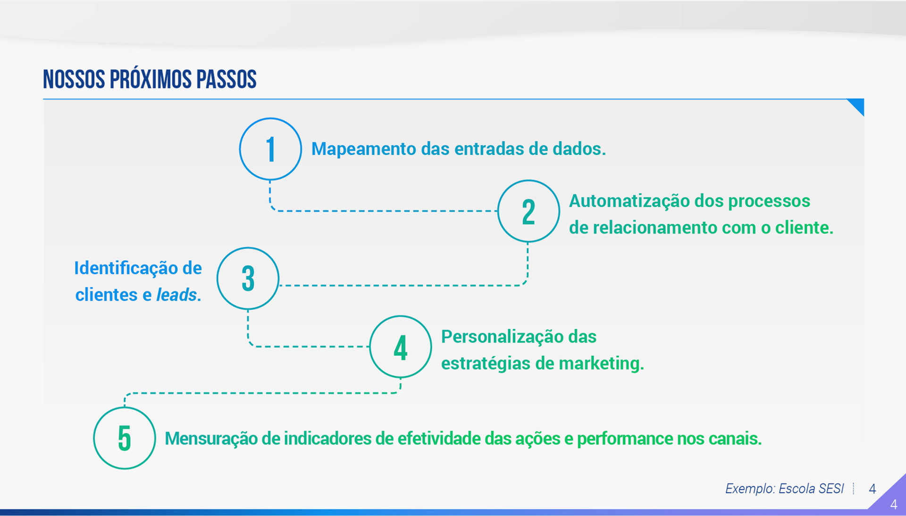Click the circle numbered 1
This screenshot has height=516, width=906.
point(270,149)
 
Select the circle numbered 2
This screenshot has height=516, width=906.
point(528,211)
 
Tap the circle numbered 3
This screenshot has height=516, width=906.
point(248,278)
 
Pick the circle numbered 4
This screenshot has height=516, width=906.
point(400,347)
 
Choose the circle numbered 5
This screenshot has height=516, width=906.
point(125,438)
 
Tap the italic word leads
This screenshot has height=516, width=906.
point(176,295)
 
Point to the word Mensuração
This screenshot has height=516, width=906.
point(210,439)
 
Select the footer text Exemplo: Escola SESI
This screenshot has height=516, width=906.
point(784,489)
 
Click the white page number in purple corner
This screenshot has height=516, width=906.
point(893,505)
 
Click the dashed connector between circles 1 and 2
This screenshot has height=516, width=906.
point(382,211)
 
